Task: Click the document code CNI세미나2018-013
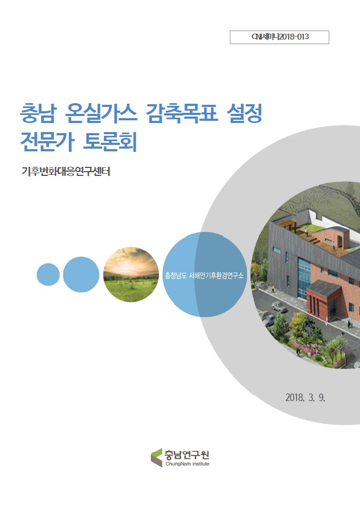point(279,37)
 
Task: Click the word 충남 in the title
point(37,113)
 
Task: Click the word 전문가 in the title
point(45,142)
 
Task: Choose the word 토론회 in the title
point(111,142)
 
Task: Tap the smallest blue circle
point(48,274)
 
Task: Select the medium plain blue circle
point(81,274)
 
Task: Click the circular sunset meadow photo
point(131,274)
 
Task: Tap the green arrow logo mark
point(157,457)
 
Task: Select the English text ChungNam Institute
point(188,464)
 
